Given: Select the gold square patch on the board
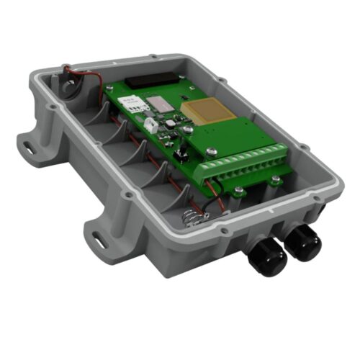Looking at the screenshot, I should (x=199, y=110).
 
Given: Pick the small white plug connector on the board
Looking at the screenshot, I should (x=152, y=124).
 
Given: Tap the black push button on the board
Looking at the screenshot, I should (x=182, y=151).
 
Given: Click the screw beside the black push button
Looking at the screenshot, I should (x=211, y=151).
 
